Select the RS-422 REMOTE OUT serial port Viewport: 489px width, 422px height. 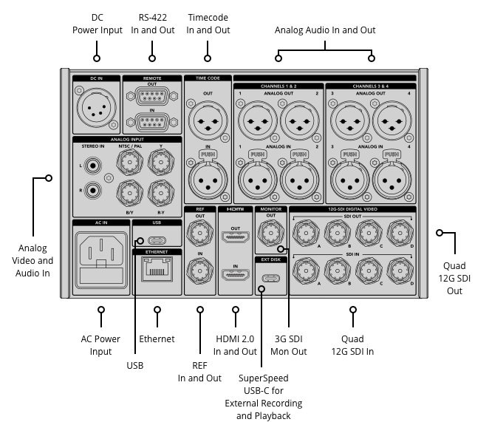(x=152, y=96)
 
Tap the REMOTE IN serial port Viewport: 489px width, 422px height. (x=152, y=121)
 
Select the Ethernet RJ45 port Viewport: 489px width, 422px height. (x=157, y=275)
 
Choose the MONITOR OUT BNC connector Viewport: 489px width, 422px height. (x=271, y=237)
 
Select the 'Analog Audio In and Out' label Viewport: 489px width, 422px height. (x=325, y=30)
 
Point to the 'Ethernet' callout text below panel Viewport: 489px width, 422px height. (x=157, y=339)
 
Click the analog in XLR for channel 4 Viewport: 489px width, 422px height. (x=390, y=176)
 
